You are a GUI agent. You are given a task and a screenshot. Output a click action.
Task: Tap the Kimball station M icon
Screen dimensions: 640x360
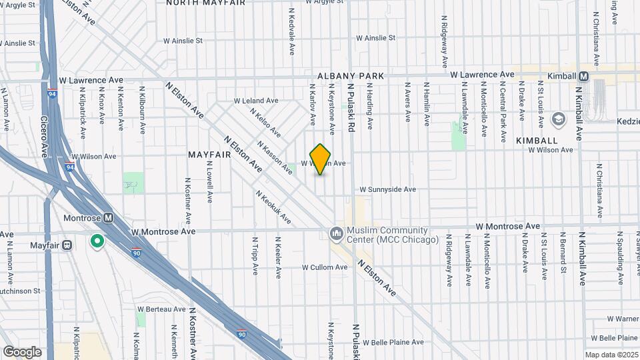pyautogui.click(x=584, y=76)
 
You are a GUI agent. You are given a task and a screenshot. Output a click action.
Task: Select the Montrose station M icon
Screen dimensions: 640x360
pyautogui.click(x=108, y=218)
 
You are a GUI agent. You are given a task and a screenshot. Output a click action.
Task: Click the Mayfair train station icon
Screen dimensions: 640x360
pyautogui.click(x=67, y=245)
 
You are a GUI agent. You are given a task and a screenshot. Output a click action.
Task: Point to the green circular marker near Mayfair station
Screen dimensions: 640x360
pyautogui.click(x=98, y=241)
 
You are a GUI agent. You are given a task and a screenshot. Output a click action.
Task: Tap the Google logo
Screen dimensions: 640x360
pyautogui.click(x=22, y=351)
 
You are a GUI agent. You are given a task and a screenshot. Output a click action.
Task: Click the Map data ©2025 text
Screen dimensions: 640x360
pyautogui.click(x=611, y=355)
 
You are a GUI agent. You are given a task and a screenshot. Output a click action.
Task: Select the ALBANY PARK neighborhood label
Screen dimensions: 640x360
pyautogui.click(x=351, y=77)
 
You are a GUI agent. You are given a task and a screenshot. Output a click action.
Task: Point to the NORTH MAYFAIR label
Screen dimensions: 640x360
pyautogui.click(x=205, y=3)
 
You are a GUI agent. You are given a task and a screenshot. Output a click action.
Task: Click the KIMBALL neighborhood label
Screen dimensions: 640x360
pyautogui.click(x=537, y=141)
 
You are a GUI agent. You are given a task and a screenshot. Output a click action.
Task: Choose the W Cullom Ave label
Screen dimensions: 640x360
pyautogui.click(x=325, y=267)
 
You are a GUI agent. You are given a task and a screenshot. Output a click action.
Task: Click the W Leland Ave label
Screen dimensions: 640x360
pyautogui.click(x=255, y=101)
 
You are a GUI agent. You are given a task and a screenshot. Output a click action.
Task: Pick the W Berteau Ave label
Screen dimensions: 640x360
pyautogui.click(x=161, y=309)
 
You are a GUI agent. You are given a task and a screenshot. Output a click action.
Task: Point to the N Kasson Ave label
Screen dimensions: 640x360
pyautogui.click(x=274, y=159)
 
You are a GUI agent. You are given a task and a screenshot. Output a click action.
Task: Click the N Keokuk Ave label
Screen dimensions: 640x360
pyautogui.click(x=273, y=207)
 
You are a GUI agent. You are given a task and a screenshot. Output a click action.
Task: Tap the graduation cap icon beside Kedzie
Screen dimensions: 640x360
pyautogui.click(x=558, y=120)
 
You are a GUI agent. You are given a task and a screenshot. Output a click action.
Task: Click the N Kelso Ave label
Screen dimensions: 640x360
pyautogui.click(x=265, y=123)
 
